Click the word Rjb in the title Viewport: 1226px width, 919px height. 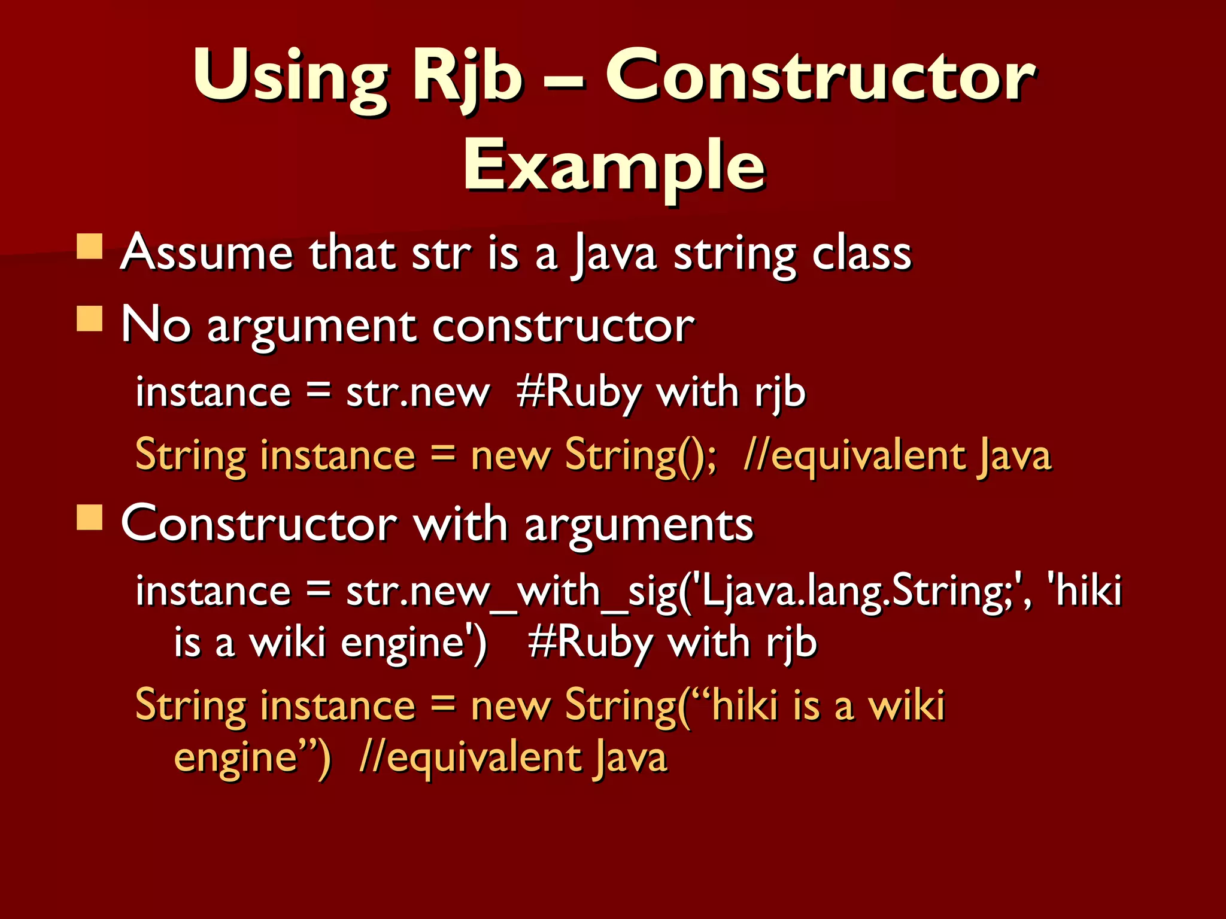tap(467, 78)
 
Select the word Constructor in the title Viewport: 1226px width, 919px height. tap(820, 78)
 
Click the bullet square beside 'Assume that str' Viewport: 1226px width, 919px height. tap(89, 246)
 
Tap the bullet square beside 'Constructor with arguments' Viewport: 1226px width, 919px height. tap(89, 518)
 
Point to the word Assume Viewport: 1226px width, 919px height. tap(207, 254)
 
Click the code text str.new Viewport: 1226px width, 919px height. tap(417, 393)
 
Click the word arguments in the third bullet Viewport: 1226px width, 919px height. tap(639, 525)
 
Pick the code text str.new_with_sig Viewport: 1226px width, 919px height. tap(512, 592)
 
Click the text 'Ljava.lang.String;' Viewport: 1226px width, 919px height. tap(856, 592)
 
